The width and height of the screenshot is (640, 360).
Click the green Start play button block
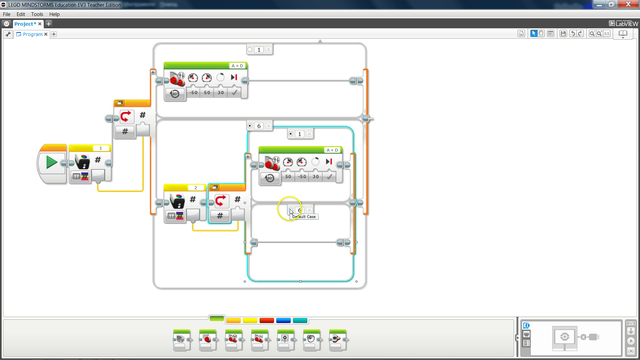[51, 162]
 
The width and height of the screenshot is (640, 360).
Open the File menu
[7, 14]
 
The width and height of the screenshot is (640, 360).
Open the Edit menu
[21, 14]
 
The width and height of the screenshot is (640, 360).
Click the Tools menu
[37, 14]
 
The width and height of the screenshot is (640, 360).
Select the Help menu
[54, 14]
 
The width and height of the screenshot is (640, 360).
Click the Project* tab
[26, 23]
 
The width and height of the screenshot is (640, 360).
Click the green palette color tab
[216, 319]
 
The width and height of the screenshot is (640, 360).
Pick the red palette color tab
[266, 319]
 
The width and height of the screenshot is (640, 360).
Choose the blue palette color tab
[283, 319]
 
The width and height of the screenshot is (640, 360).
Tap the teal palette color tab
[300, 319]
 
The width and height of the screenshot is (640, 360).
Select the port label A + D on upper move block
[234, 65]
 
